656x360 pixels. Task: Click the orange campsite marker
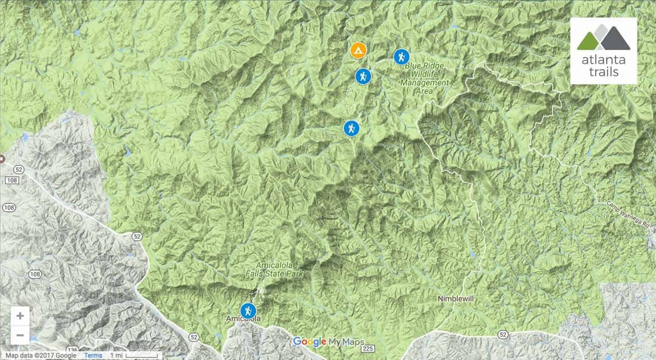[x=358, y=51]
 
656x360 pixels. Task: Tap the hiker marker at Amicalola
[x=248, y=310]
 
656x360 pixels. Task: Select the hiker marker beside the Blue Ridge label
[x=401, y=57]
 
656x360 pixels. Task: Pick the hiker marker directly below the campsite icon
[x=363, y=76]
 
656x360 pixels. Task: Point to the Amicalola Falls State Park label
[x=280, y=269]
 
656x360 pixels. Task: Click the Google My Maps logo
[x=328, y=342]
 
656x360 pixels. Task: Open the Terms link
[x=93, y=355]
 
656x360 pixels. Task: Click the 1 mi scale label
[x=116, y=355]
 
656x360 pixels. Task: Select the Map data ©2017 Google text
[x=41, y=355]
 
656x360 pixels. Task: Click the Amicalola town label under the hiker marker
[x=243, y=319]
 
